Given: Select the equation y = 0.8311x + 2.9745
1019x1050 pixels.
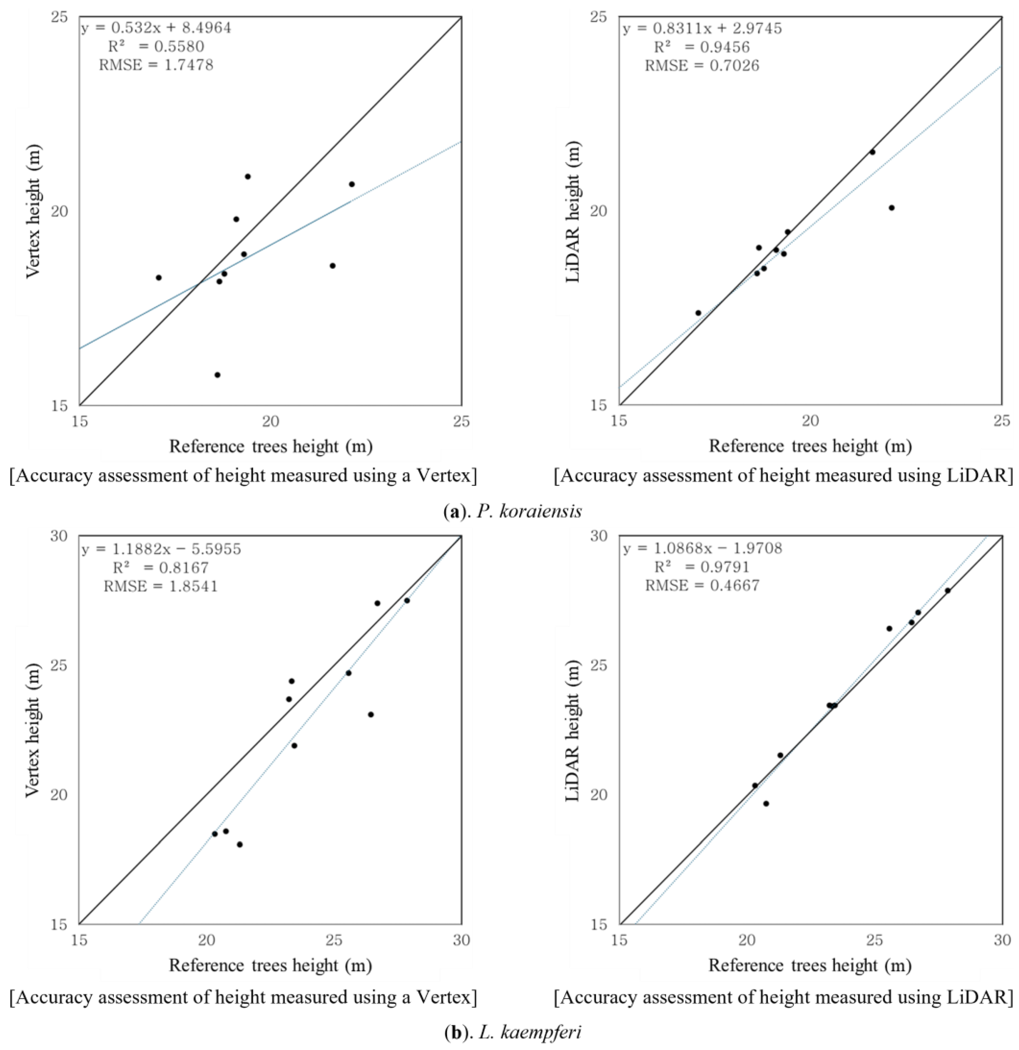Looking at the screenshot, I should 702,28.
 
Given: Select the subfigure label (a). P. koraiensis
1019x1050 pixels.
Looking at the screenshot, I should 513,511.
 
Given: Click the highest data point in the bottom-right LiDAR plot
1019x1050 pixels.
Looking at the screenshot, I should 947,590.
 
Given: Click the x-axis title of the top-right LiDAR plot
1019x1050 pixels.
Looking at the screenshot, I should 810,446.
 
